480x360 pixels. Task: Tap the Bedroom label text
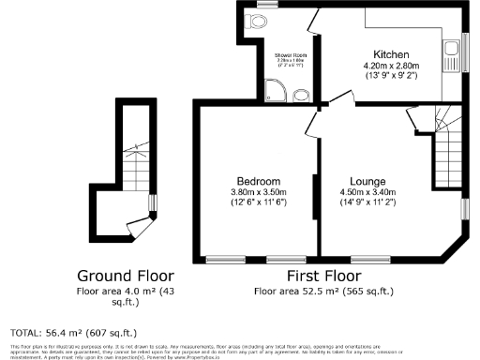258,181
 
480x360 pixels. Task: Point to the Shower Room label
291,56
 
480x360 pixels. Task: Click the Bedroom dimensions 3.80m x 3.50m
258,193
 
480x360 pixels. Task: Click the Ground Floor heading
125,276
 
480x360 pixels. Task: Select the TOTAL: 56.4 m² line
73,333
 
